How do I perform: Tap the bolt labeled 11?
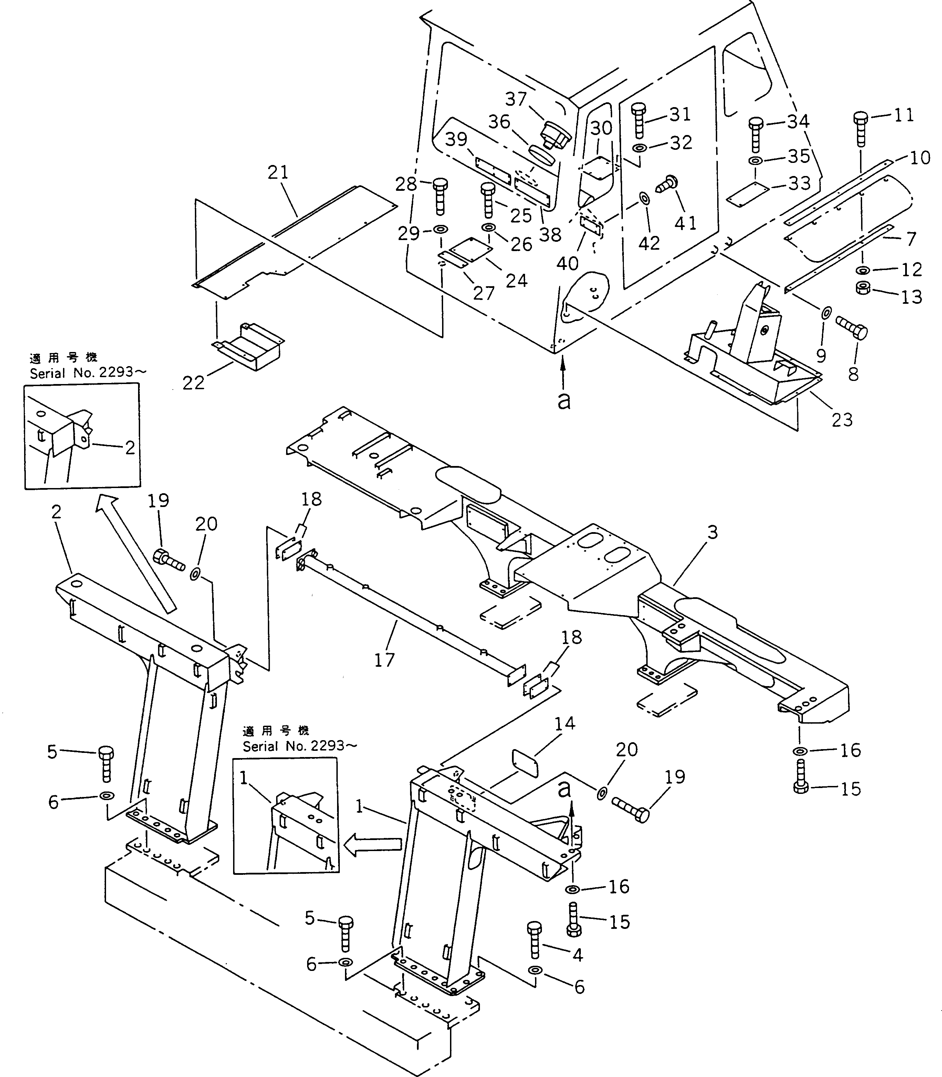click(860, 128)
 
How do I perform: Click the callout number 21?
click(278, 173)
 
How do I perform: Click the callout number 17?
click(384, 660)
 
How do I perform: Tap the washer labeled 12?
click(862, 270)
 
